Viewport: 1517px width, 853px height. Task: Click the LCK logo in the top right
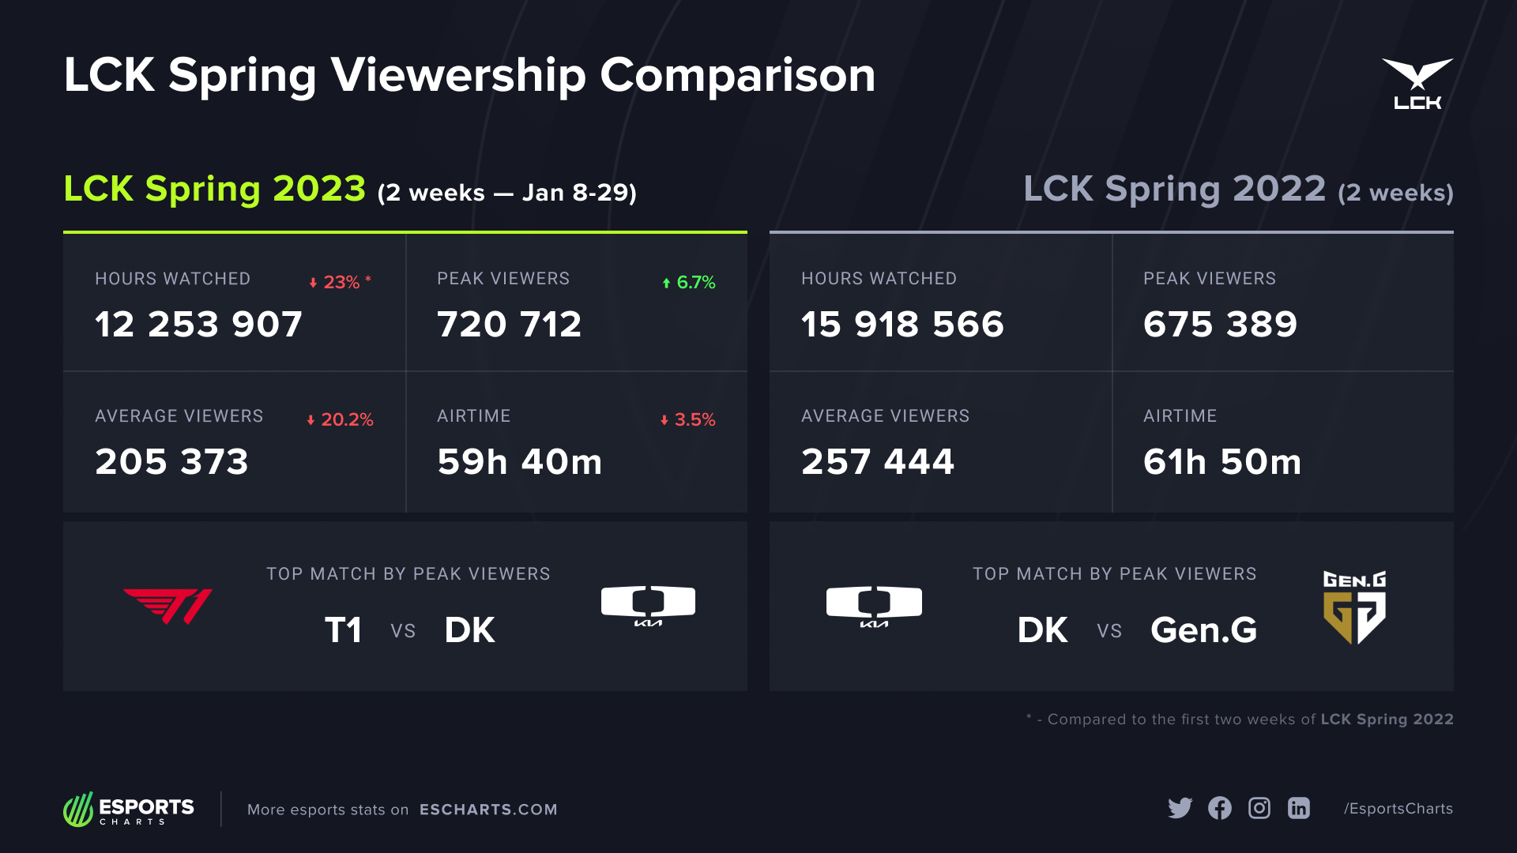coord(1417,84)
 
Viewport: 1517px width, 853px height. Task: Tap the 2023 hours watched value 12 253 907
coord(198,325)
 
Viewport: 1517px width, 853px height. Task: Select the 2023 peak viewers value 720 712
coord(510,325)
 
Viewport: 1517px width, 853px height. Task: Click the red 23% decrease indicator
coord(341,282)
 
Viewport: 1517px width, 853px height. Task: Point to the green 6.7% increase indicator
coord(689,282)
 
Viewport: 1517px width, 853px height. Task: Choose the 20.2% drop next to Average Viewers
coord(341,419)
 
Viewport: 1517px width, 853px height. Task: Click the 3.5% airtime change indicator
coord(688,419)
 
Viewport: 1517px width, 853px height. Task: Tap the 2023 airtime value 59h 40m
coord(520,462)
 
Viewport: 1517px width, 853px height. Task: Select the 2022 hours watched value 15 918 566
coord(902,325)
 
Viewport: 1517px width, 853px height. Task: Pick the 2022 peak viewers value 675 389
coord(1220,325)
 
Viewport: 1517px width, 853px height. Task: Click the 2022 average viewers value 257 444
coord(878,462)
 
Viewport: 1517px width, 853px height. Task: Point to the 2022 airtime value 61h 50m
coord(1222,462)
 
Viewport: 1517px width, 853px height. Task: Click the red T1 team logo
coord(168,606)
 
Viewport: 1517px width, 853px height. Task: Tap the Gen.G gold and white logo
coord(1354,607)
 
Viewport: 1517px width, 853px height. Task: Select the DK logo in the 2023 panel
coord(648,606)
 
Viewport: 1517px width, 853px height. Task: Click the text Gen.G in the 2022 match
coord(1203,630)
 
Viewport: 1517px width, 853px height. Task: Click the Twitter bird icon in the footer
coord(1180,808)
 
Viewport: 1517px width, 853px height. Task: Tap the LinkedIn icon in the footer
coord(1299,808)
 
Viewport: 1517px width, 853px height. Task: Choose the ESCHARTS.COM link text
coord(488,810)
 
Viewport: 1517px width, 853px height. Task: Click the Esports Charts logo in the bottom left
coord(129,810)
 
